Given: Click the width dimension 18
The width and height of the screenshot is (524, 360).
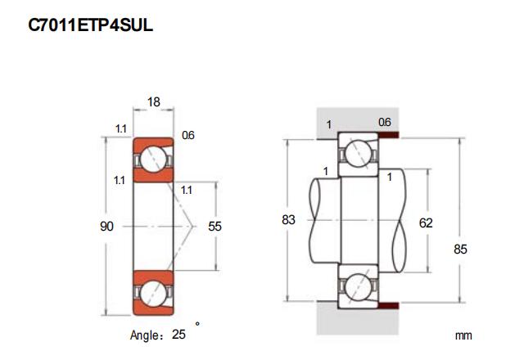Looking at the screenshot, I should [153, 102].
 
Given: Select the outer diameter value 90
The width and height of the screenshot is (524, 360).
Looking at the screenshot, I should [106, 227].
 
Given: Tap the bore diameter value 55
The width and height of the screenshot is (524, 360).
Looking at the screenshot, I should [215, 227].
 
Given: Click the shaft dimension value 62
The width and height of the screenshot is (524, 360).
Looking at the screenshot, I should [425, 222].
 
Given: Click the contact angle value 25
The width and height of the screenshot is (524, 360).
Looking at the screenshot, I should [178, 334].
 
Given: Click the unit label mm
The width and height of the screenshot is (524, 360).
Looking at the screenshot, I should [464, 335].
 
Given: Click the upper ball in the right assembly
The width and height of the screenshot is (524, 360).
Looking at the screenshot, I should [359, 153].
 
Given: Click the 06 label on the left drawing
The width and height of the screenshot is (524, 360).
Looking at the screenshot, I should [187, 135].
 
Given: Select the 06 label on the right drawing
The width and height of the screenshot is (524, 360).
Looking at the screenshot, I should [385, 123].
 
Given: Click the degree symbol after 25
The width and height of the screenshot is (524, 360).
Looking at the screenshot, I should [196, 325].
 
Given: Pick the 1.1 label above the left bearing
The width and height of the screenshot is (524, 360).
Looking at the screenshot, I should [120, 128].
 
